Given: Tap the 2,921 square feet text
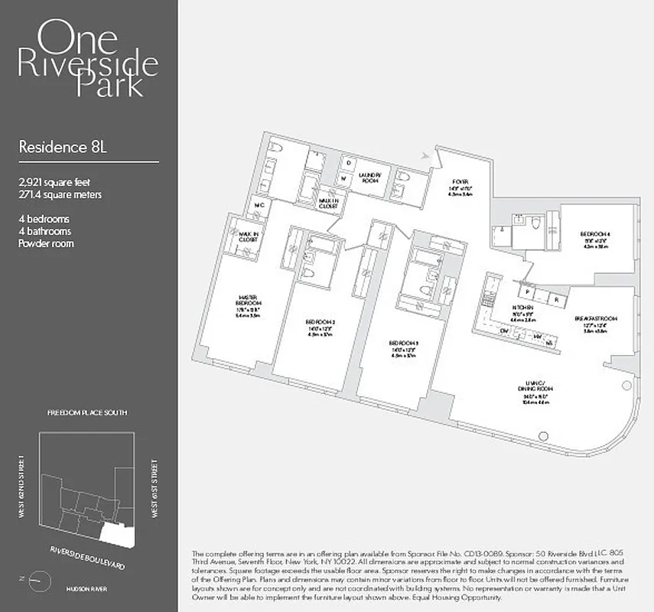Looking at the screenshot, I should coord(60,183).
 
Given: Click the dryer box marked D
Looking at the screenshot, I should coord(347,162).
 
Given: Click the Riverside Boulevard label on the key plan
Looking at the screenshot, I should coord(86,558).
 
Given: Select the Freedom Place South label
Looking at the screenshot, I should coord(87,412).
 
